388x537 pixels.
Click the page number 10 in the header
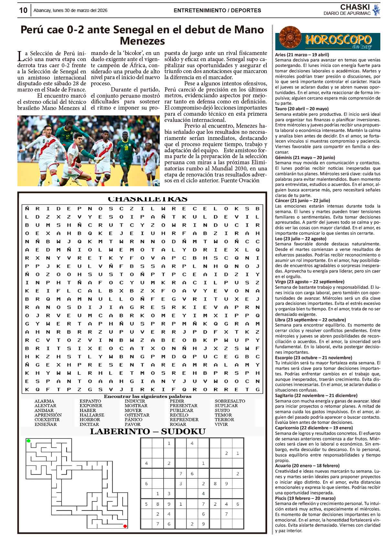click(23, 10)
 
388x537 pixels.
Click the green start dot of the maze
click(28, 441)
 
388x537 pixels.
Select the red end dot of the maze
click(125, 526)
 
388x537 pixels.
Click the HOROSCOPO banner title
click(338, 40)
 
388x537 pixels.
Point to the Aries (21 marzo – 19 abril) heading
click(302, 55)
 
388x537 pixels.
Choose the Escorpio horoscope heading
click(313, 358)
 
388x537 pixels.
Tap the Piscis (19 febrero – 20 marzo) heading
click(305, 498)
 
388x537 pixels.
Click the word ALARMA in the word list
click(44, 401)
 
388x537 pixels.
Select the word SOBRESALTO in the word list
click(230, 401)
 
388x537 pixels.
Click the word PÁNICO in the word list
click(133, 420)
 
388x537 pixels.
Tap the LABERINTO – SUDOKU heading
click(147, 432)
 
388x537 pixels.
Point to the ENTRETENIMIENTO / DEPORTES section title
click(217, 10)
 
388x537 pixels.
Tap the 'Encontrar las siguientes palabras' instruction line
click(147, 396)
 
